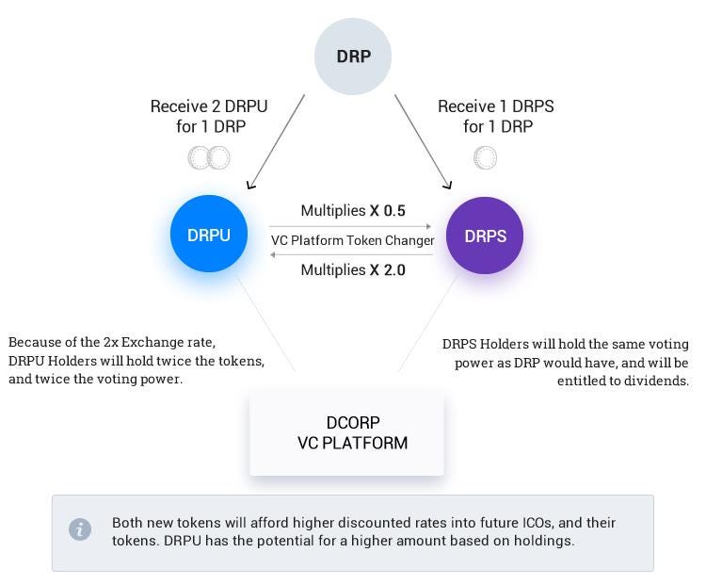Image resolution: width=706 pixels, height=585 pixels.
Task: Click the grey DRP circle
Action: click(353, 57)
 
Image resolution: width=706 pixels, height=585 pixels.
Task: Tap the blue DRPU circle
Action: click(208, 235)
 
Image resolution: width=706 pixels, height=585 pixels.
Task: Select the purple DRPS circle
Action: click(485, 236)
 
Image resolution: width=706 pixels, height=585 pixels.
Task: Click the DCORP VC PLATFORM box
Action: click(346, 433)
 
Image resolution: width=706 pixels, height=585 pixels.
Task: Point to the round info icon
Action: click(80, 529)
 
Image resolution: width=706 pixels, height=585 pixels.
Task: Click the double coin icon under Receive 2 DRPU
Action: click(208, 157)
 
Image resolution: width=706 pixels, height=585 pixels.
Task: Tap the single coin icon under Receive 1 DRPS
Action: click(485, 157)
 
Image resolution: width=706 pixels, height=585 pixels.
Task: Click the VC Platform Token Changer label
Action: click(352, 240)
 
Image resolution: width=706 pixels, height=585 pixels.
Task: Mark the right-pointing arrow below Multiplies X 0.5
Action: click(350, 226)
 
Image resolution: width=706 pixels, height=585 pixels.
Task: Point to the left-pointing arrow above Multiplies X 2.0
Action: click(350, 254)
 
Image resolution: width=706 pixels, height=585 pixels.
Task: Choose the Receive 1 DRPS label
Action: click(495, 106)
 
